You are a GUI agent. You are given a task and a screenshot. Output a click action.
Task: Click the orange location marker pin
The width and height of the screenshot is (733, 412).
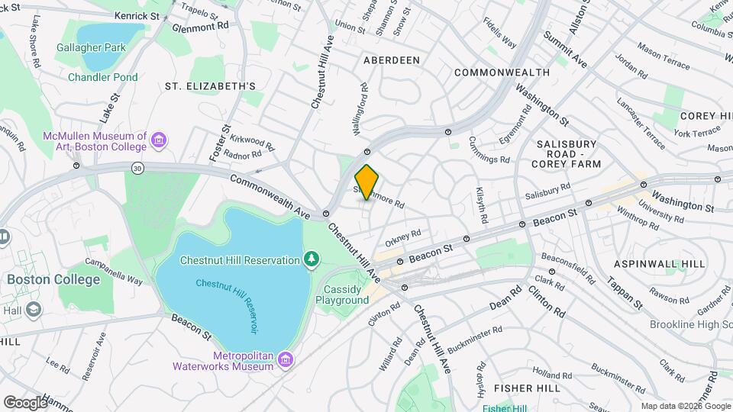367,182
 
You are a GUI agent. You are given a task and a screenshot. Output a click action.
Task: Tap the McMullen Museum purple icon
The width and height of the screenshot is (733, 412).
159,140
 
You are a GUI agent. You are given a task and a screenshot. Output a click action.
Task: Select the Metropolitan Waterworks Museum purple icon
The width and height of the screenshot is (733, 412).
286,359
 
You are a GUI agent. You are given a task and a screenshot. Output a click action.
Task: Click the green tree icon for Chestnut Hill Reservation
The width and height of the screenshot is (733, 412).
312,260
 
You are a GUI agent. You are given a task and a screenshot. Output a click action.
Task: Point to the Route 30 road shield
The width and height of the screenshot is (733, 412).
137,169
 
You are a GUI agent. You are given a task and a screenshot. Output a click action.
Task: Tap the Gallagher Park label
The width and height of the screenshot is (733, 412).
91,47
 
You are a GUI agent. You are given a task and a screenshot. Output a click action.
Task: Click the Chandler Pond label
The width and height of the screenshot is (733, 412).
103,77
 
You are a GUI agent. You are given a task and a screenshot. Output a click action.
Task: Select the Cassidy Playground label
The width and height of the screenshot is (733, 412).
342,295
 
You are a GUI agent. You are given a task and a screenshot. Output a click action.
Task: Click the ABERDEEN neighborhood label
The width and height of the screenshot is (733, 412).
392,60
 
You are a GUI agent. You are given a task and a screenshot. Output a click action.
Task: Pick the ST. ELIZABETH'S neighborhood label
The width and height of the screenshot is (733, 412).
210,86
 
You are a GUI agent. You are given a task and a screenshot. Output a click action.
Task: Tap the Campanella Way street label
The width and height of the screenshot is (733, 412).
114,271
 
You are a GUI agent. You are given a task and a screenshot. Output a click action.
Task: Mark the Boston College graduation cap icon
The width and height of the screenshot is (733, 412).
34,309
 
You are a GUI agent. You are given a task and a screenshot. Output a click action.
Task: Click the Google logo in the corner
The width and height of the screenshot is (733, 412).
25,402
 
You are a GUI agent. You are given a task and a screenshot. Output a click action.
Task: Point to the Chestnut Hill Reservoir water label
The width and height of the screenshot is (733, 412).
227,304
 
